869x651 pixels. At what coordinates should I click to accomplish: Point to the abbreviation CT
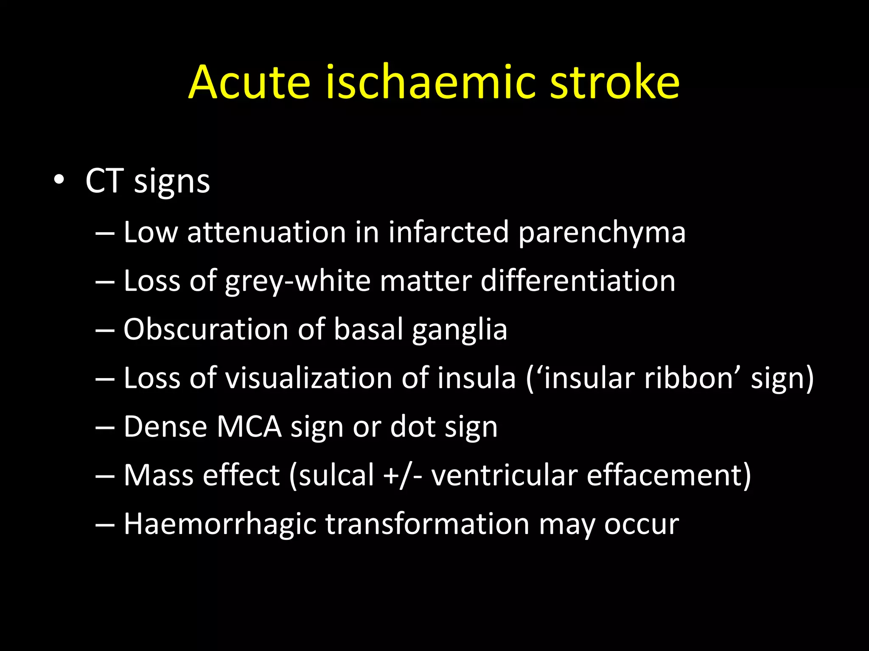(104, 181)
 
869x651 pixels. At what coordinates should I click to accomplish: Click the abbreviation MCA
(249, 427)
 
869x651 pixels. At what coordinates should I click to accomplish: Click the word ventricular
(505, 476)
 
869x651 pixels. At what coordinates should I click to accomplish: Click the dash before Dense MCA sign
(105, 428)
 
